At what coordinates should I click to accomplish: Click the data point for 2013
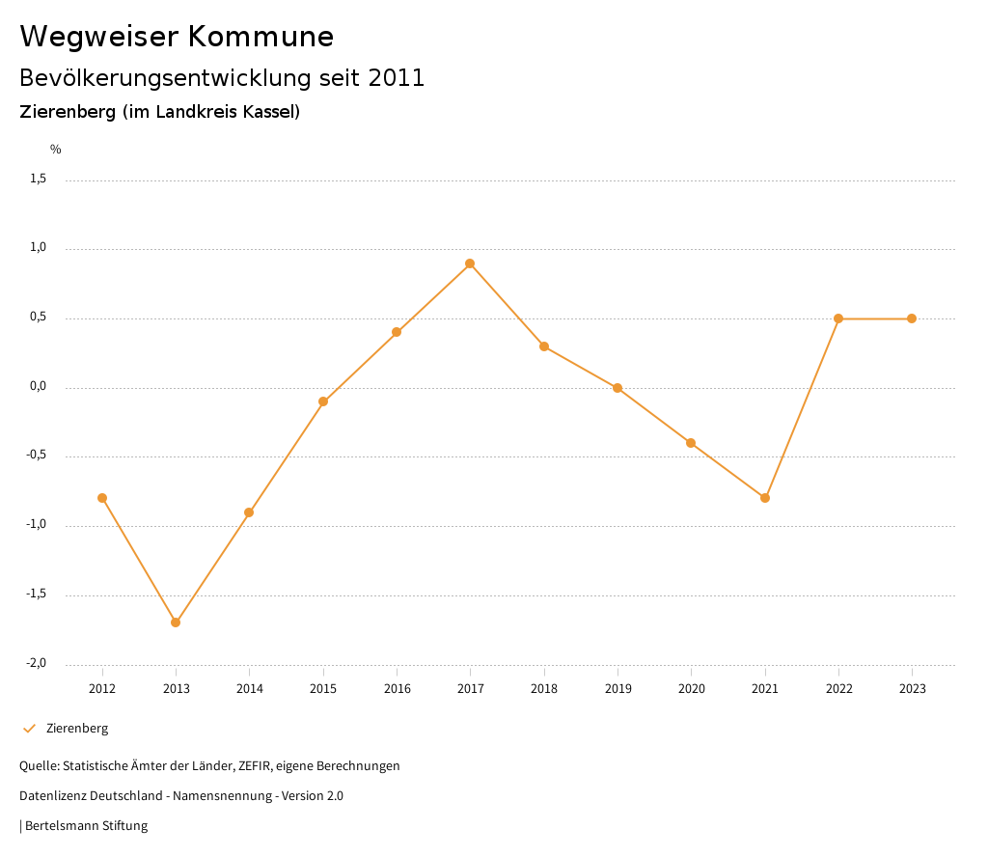coord(176,622)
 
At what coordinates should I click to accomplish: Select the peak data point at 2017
coord(470,263)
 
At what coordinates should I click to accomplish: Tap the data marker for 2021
coord(765,498)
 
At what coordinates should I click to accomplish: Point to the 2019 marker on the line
coord(617,388)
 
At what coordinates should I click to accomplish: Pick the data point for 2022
coord(838,318)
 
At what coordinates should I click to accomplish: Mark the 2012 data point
coord(102,498)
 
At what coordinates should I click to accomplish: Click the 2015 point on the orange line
coord(323,401)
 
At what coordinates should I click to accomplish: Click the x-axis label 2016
coord(397,689)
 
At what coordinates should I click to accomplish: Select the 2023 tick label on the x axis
coord(912,689)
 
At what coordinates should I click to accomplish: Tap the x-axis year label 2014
coord(249,689)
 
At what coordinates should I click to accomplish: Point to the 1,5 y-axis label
coord(38,179)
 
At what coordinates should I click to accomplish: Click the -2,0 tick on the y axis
coord(36,663)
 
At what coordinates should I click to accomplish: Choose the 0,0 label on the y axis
coord(38,386)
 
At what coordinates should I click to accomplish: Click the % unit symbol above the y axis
coord(56,150)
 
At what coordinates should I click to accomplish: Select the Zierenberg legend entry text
coord(77,729)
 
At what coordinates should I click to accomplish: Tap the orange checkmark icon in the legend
coord(29,729)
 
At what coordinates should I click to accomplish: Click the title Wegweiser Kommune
coord(177,37)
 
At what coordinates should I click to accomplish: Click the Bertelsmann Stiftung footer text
coord(86,826)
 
